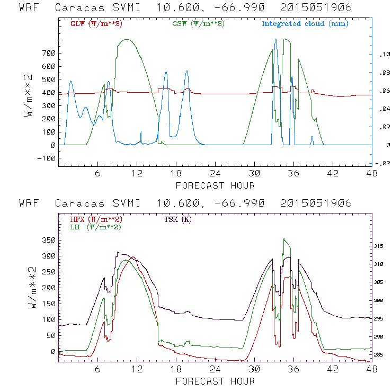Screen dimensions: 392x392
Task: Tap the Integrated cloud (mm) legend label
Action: click(x=305, y=24)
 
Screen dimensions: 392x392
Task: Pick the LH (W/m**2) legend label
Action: click(x=95, y=227)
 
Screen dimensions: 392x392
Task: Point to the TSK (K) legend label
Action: click(x=179, y=219)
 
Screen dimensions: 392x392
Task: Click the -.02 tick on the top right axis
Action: click(x=382, y=163)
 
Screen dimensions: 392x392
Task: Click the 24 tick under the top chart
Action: click(x=215, y=173)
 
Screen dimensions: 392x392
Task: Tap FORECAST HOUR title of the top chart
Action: click(x=215, y=185)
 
